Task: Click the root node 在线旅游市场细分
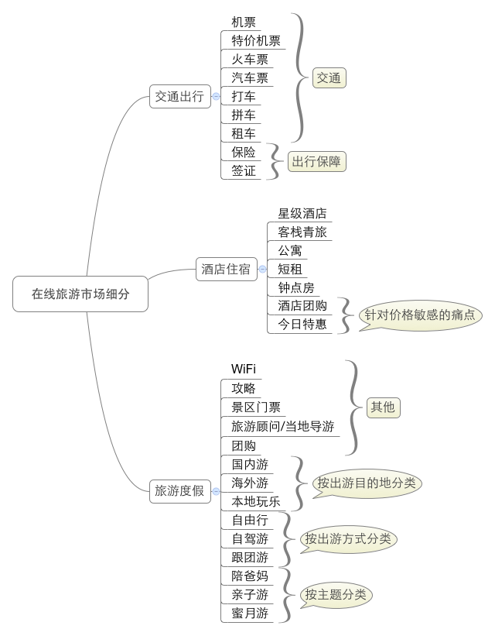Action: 80,294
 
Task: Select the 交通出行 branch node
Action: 179,97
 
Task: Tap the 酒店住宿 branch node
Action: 226,270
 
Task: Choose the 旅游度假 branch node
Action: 179,490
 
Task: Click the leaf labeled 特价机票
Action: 256,41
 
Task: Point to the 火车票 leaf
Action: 250,60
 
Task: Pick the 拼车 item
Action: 244,115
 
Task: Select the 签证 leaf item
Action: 244,171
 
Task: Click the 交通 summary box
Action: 329,78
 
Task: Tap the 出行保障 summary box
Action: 316,162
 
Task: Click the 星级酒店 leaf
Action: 302,214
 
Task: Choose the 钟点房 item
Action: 296,288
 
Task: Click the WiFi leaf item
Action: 244,369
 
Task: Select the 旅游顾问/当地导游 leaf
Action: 282,426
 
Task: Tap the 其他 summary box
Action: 382,407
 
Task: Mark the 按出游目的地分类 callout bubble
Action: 367,483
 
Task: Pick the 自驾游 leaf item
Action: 250,538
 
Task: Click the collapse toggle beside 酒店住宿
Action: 262,270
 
